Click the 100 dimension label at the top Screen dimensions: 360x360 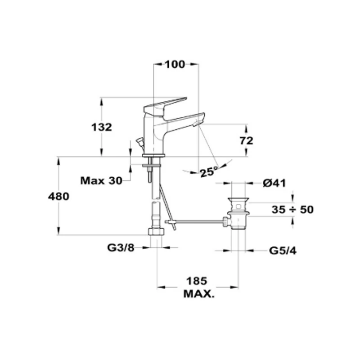tap(175, 64)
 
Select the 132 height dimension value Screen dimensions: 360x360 tap(102, 127)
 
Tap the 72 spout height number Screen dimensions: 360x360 tap(246, 141)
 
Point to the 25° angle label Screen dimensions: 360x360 tap(208, 172)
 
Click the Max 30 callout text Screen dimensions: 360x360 tap(101, 181)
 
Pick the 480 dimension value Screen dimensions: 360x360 tap(58, 197)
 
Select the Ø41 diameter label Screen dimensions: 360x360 tap(274, 183)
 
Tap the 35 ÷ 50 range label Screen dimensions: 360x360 tap(292, 209)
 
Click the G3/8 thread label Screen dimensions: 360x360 tap(121, 248)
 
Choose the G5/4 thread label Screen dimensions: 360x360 tap(283, 251)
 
